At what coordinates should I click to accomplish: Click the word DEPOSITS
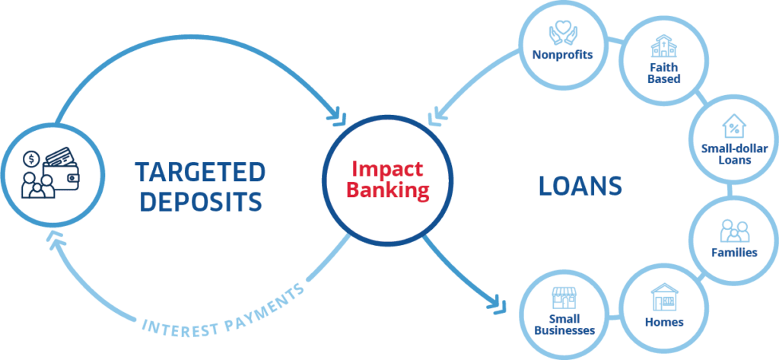tap(201, 202)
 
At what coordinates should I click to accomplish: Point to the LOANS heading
tap(580, 186)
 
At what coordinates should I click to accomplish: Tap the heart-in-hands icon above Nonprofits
tap(562, 34)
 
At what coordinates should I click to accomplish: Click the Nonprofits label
tap(562, 55)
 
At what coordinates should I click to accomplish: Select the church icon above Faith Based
tap(664, 47)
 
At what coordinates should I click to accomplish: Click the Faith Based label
tap(664, 72)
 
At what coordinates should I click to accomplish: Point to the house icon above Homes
tap(664, 295)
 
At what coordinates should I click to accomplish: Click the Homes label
tap(664, 322)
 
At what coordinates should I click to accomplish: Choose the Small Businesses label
tap(564, 325)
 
